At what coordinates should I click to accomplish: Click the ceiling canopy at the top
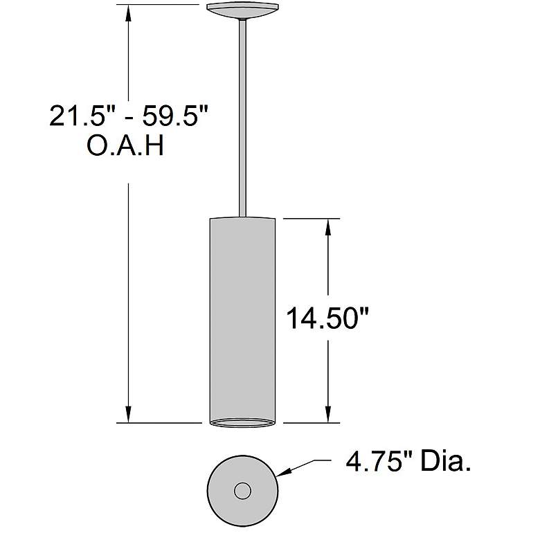[x=242, y=10]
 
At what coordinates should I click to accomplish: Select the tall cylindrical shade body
[x=242, y=321]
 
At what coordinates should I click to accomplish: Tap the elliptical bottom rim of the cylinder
[x=242, y=423]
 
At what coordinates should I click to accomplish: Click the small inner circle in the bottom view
[x=242, y=490]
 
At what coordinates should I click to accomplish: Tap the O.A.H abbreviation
[x=125, y=145]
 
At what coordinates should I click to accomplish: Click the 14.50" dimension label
[x=327, y=318]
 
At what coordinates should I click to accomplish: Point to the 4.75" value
[x=379, y=462]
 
